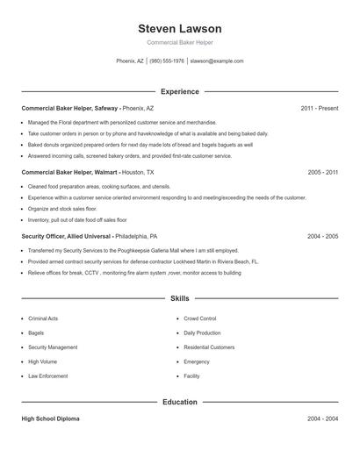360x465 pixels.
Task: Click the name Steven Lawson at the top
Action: coord(179,29)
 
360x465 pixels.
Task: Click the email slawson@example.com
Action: coord(217,61)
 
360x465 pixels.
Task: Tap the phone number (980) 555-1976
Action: coord(167,61)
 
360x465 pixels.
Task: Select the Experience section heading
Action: coord(179,91)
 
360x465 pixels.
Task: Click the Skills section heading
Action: coord(179,299)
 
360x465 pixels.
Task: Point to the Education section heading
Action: coord(179,402)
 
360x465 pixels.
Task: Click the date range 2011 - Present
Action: coord(319,108)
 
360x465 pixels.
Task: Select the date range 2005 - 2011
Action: coord(322,173)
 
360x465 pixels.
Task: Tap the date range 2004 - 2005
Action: coord(322,237)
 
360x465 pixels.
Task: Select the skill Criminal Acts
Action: coord(43,318)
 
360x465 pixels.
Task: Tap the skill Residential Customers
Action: coord(209,347)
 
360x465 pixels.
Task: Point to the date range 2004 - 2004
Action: coord(322,419)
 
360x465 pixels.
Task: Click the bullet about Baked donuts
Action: coord(140,145)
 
